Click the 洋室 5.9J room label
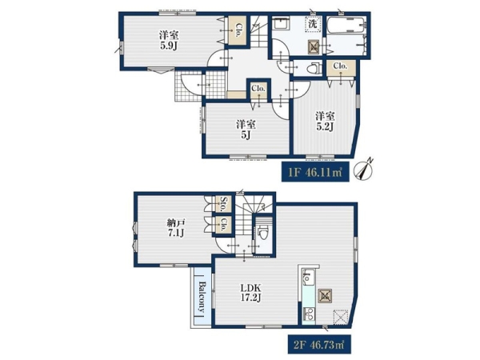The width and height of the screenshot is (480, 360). coord(168,40)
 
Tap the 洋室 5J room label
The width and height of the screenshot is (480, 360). coord(246,130)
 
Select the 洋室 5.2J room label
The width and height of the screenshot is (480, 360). coord(325,122)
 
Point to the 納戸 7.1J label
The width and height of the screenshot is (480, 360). coord(175,228)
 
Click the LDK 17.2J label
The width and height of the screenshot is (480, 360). coord(250,292)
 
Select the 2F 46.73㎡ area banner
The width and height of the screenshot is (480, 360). coord(319,344)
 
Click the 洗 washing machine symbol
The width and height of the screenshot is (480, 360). coord(312,24)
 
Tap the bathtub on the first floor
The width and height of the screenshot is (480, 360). coord(346,25)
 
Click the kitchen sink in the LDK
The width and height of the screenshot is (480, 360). coord(308,277)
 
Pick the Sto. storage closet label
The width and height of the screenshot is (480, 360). coord(222,204)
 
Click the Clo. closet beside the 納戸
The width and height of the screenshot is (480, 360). coord(222,225)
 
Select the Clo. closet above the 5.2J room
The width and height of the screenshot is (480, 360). coord(341,67)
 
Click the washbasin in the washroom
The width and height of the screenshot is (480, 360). coord(281,23)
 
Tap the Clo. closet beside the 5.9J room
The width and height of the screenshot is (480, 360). coord(238,30)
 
